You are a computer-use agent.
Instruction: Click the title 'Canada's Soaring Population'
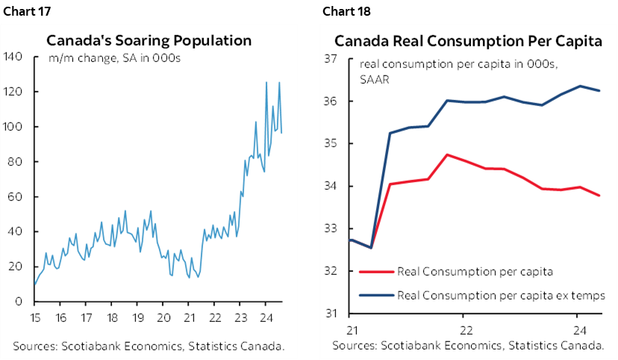pyautogui.click(x=149, y=40)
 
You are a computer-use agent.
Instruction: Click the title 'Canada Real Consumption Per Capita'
pyautogui.click(x=468, y=41)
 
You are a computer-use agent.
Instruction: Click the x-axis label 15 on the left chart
pyautogui.click(x=34, y=315)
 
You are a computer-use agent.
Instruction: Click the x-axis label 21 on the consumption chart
pyautogui.click(x=350, y=329)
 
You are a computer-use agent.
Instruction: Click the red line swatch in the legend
pyautogui.click(x=376, y=271)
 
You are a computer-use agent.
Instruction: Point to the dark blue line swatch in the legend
pyautogui.click(x=376, y=295)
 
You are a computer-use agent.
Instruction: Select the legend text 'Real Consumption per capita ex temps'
pyautogui.click(x=501, y=295)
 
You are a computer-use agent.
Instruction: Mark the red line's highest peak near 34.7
pyautogui.click(x=446, y=155)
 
